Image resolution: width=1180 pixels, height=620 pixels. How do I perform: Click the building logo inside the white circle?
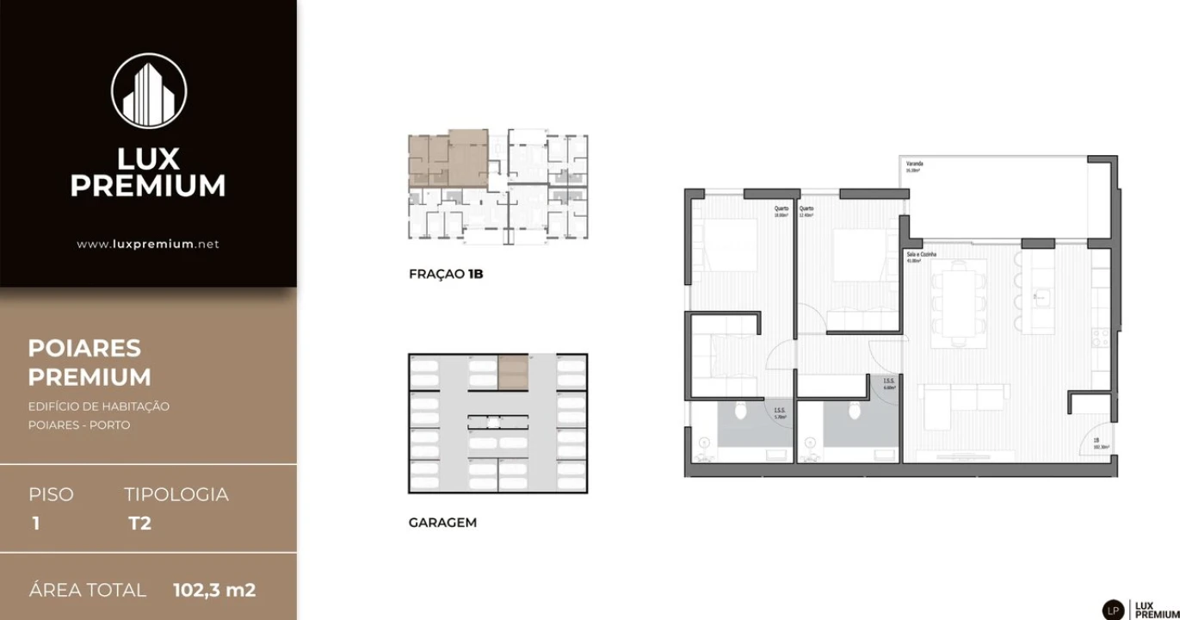pos(149,91)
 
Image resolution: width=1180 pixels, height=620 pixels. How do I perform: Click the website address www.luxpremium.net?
pos(148,244)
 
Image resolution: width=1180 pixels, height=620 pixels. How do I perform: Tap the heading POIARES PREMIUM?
pos(90,363)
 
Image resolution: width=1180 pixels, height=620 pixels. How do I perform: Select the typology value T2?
pos(139,523)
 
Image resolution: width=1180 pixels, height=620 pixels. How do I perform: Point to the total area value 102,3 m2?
pos(214,591)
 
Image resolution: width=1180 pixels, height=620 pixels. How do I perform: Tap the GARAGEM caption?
pos(442,523)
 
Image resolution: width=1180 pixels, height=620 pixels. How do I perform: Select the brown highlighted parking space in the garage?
pos(513,372)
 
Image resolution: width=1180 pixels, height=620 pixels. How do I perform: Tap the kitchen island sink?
pos(1040,297)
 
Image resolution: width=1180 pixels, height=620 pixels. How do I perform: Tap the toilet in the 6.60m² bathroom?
pos(854,410)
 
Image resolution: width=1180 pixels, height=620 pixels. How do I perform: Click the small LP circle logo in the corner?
pos(1113,609)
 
